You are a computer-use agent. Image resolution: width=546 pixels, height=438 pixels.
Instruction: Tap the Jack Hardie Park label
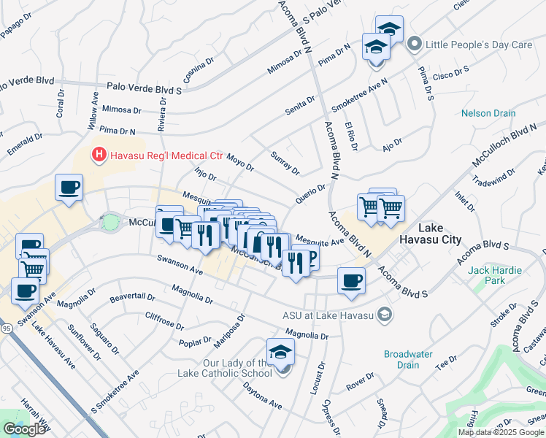496,275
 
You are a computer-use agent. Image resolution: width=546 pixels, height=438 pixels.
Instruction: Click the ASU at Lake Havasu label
329,315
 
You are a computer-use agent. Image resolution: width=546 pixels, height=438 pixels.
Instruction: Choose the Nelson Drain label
488,113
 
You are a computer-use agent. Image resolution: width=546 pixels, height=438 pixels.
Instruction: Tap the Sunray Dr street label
285,165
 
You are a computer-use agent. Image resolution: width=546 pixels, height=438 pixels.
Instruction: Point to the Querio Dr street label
309,193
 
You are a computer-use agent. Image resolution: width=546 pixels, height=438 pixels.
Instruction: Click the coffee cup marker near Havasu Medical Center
70,188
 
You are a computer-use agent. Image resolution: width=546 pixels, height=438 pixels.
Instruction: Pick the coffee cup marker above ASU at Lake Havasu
351,280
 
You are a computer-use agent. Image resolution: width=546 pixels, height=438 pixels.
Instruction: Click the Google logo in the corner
24,429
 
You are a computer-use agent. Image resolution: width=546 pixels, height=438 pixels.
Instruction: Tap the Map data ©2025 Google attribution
501,432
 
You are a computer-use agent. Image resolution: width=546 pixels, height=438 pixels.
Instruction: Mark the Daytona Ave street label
262,395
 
